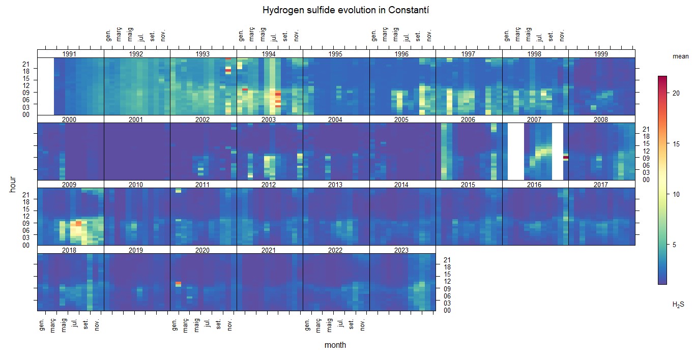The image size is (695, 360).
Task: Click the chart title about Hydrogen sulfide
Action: (x=347, y=10)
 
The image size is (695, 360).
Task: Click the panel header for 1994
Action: (x=269, y=54)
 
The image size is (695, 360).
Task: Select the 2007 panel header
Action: (x=535, y=119)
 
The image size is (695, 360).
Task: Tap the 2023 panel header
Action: (x=402, y=250)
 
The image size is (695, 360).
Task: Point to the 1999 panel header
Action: (x=601, y=54)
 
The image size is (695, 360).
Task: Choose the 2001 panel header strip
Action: (x=136, y=119)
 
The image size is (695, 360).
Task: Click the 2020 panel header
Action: (x=202, y=250)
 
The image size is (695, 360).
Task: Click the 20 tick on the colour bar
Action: (x=677, y=94)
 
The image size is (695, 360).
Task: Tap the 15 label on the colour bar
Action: (x=677, y=144)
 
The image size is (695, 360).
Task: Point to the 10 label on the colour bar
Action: (x=677, y=194)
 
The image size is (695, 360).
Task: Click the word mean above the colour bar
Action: (x=680, y=57)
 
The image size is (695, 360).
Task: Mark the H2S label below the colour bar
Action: (x=678, y=305)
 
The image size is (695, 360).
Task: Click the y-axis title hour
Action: (x=13, y=184)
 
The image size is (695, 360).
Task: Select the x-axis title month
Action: (x=335, y=345)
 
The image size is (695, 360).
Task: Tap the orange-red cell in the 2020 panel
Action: (x=178, y=283)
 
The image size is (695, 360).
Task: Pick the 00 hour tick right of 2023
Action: (x=447, y=310)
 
